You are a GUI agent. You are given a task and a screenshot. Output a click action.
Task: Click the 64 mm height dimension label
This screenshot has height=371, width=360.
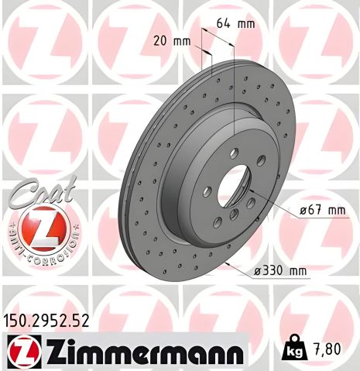pyautogui.click(x=235, y=25)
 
